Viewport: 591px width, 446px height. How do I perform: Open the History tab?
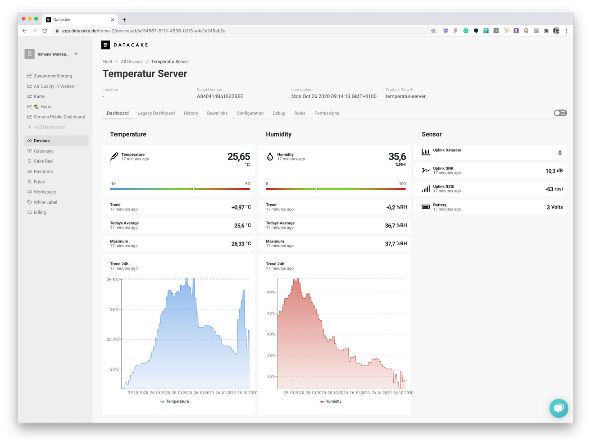[191, 113]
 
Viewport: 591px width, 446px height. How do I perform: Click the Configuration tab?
[250, 113]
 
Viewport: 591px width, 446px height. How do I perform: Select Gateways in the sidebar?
[43, 151]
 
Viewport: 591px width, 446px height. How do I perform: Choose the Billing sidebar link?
[40, 212]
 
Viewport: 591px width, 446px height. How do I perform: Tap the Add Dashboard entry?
[49, 127]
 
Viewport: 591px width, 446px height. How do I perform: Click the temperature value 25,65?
[238, 157]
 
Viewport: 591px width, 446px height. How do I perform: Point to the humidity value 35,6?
[397, 157]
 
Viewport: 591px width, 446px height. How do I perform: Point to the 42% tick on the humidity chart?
[270, 313]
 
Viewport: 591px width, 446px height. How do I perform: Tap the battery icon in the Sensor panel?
[426, 207]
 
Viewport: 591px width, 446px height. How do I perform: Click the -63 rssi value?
[554, 189]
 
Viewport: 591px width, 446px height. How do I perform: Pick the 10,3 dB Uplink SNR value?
[554, 171]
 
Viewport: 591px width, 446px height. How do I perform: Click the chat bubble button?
[559, 408]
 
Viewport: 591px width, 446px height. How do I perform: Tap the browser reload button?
[45, 31]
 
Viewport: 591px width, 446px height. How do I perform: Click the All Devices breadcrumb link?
[132, 62]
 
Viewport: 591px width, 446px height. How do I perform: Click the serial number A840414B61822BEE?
[220, 96]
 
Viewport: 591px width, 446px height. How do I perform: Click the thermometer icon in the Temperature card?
[114, 156]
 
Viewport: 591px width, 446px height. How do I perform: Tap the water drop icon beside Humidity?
[270, 156]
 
